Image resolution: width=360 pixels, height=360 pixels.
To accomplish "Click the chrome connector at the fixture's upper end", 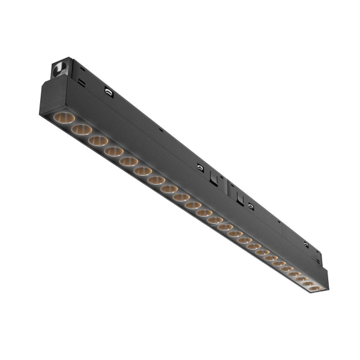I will (60, 68).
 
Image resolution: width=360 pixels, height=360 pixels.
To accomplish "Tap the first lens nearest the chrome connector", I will (64, 118).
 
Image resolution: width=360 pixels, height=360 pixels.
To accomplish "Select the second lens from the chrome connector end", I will (81, 130).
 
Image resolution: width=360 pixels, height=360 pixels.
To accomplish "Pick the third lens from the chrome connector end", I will (98, 141).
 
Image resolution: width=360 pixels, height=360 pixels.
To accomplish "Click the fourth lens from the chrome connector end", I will (113, 152).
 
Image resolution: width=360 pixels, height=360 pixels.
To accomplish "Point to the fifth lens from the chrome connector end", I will (128, 162).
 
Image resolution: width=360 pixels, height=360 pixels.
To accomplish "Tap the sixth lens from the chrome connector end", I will (143, 172).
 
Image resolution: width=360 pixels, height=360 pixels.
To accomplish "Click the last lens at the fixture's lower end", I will (314, 289).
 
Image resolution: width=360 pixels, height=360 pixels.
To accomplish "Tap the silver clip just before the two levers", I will (199, 168).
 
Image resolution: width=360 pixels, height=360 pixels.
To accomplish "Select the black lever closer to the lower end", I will (239, 196).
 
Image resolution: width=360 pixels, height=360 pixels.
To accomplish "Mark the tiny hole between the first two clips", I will (161, 130).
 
